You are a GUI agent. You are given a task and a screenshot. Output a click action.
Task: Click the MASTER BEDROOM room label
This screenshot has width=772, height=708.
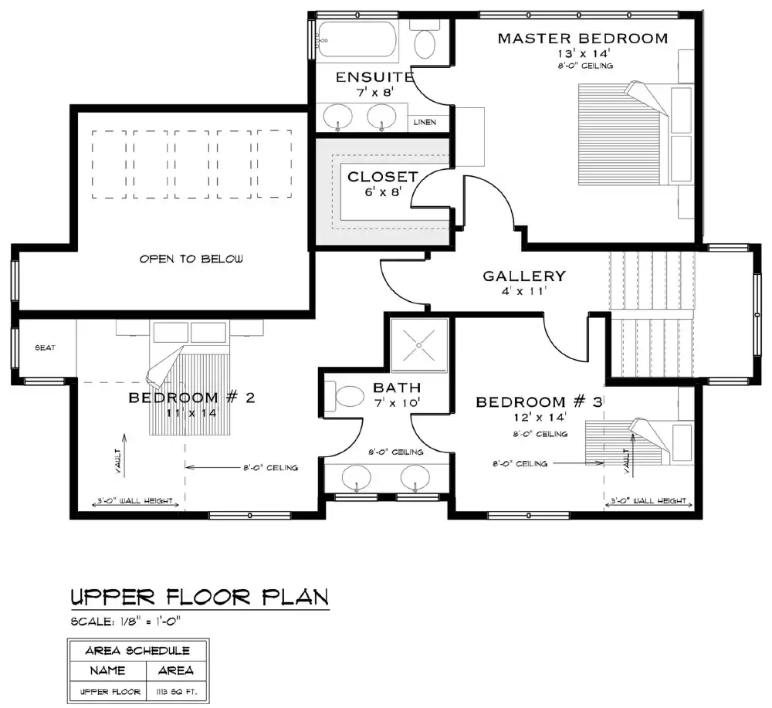[x=582, y=38]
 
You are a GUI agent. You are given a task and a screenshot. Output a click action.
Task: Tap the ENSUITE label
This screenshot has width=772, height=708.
[x=374, y=77]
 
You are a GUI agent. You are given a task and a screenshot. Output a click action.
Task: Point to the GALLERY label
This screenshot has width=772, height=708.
[x=524, y=276]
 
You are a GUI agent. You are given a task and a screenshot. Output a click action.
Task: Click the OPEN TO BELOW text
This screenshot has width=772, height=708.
[x=191, y=259]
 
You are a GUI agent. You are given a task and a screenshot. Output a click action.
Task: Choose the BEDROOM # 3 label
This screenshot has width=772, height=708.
[x=538, y=401]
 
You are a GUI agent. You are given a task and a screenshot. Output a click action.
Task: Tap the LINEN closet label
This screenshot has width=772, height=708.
[x=425, y=122]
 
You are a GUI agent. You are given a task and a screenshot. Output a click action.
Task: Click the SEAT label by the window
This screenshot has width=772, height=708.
[x=45, y=348]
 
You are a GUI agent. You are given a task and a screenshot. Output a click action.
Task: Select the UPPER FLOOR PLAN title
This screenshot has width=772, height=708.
[x=200, y=597]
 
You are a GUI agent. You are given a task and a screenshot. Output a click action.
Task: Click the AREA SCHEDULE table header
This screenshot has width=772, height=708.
[x=137, y=649]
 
